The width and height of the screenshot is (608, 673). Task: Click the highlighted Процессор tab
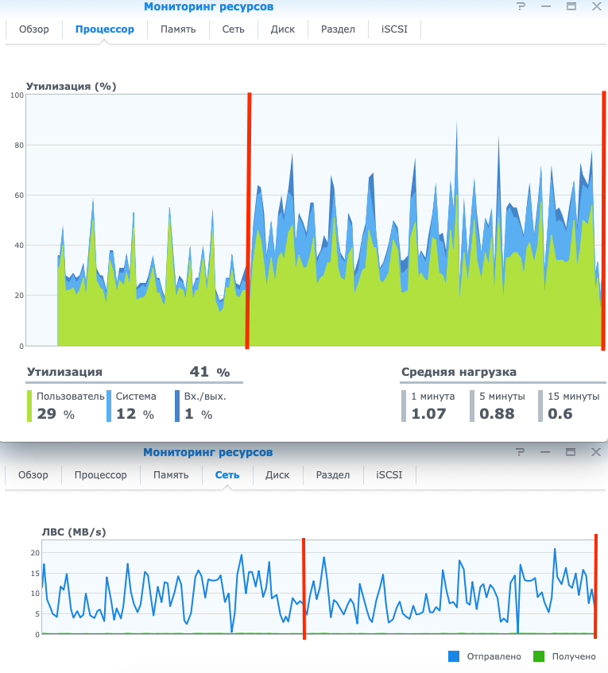[105, 29]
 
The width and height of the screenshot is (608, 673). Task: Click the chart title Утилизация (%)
[72, 87]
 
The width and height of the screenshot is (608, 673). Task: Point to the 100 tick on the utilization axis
[17, 95]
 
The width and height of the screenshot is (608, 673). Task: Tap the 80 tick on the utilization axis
[18, 145]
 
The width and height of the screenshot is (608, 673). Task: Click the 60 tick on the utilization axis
[18, 195]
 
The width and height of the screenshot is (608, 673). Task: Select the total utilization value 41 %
[209, 372]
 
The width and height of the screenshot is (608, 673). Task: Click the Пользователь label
[70, 396]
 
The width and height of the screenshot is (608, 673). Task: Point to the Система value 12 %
[135, 414]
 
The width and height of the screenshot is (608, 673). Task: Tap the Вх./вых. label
[199, 396]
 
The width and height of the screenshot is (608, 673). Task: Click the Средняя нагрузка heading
[459, 372]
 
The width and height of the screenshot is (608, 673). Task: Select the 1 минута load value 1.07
[428, 414]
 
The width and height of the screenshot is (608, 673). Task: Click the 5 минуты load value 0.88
[497, 414]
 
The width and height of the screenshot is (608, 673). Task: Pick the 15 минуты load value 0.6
[560, 414]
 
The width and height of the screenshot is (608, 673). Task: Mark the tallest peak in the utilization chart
[457, 122]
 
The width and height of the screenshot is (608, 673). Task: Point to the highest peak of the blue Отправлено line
[555, 548]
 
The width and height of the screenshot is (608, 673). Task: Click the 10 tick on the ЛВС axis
[35, 594]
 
